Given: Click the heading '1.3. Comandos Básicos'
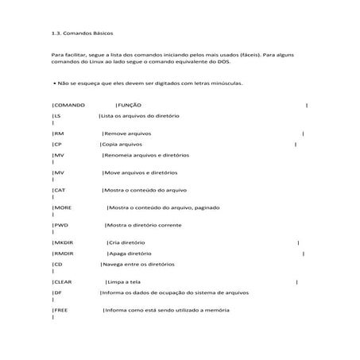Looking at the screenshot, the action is (x=82, y=34).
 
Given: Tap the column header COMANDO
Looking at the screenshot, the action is (x=68, y=105).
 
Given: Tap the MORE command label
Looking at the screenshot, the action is (x=62, y=207).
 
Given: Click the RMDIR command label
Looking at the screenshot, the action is (x=63, y=254).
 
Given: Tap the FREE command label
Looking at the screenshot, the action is (x=60, y=310).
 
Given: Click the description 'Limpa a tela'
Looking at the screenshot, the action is (x=126, y=282).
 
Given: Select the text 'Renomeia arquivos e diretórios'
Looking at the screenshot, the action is (x=147, y=156).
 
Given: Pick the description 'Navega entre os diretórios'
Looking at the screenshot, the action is (x=140, y=265).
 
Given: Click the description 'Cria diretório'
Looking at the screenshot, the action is (x=127, y=242).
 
